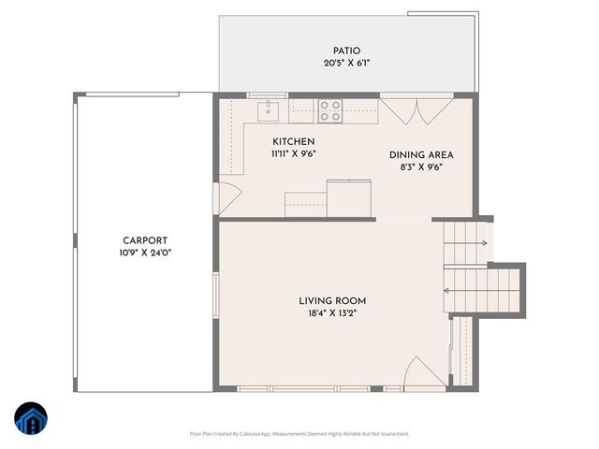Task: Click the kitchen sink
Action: [269, 111]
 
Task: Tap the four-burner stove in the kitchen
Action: [329, 111]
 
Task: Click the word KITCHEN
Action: [293, 142]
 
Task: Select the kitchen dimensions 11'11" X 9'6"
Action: [293, 154]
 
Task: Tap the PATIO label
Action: [346, 51]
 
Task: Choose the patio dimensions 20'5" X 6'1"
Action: [346, 64]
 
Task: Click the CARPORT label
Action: [145, 239]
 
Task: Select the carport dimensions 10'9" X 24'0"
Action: [145, 253]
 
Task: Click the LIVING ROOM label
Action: [332, 301]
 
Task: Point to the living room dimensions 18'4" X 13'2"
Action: [332, 314]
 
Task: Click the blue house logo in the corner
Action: [31, 418]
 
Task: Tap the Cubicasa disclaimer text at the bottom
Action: [299, 433]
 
